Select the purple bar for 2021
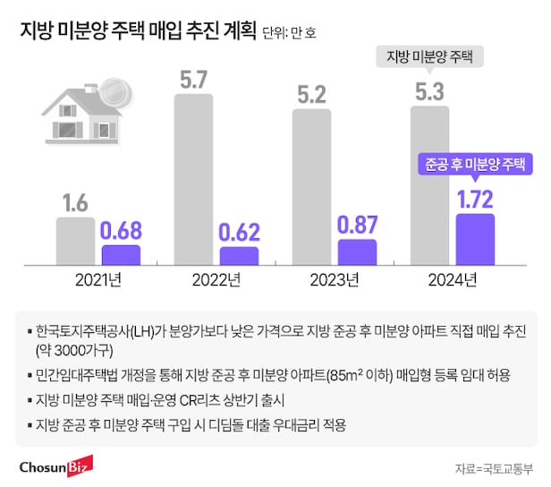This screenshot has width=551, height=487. pos(121,255)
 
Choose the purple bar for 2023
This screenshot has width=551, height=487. pos(357,252)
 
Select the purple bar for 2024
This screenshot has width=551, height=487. pos(475,239)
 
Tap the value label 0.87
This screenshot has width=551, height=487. pos(357,224)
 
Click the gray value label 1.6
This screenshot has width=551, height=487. pos(75,203)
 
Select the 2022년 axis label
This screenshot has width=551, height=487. pos(216,279)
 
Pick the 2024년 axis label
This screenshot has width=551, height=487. pos(452,279)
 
